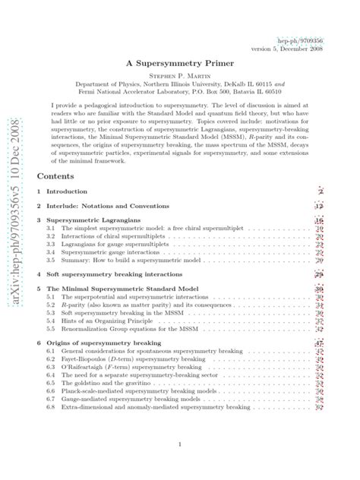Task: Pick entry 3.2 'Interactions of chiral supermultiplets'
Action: click(x=104, y=237)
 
